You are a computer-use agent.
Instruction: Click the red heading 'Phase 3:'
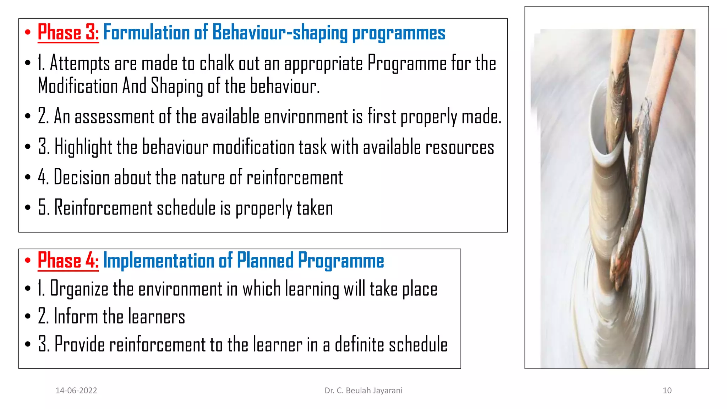68,33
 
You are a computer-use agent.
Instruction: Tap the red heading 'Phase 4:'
68,261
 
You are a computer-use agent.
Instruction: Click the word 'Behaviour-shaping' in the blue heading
280,33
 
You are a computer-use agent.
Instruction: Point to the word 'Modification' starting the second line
78,86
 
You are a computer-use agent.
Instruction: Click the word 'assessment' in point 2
114,117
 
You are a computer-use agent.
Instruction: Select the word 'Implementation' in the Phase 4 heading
158,261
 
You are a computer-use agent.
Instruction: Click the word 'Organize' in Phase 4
79,289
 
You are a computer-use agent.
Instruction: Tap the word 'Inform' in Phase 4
76,316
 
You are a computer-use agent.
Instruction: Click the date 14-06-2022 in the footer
76,391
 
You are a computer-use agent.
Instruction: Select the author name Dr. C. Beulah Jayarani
363,391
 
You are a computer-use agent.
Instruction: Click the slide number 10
667,391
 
